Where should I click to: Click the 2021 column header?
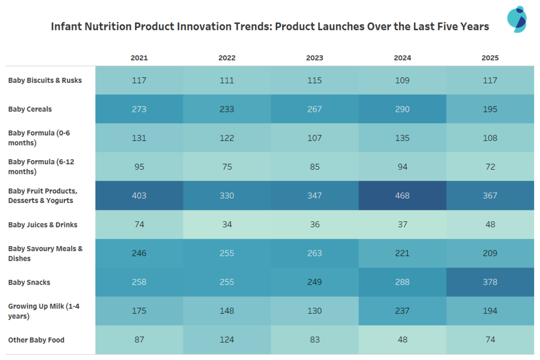[x=139, y=57]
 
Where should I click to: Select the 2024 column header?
[x=402, y=57]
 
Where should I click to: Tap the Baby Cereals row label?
[x=30, y=109]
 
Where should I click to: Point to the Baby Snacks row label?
[x=29, y=283]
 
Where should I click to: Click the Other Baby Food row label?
[x=36, y=340]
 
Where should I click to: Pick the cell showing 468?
[x=402, y=196]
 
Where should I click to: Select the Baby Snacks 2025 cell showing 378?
[x=490, y=282]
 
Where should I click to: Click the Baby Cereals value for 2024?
[x=402, y=109]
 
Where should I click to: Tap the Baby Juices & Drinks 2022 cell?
[x=227, y=225]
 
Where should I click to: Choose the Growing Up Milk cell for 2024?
[x=402, y=311]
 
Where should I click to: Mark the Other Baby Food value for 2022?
[x=227, y=340]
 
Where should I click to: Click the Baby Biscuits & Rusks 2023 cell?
[x=314, y=81]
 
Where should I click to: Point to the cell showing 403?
[x=139, y=196]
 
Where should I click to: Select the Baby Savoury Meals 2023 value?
[x=314, y=254]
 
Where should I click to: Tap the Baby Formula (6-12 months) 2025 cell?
[x=490, y=167]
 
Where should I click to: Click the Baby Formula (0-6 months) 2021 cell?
[x=139, y=138]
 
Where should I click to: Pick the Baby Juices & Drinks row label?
[x=43, y=225]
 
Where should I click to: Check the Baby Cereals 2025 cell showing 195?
[x=490, y=109]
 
